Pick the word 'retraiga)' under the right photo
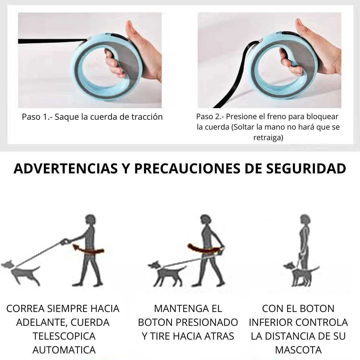pos(268,138)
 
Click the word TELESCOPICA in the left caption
pos(64,336)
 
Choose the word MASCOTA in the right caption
pos(298,350)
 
